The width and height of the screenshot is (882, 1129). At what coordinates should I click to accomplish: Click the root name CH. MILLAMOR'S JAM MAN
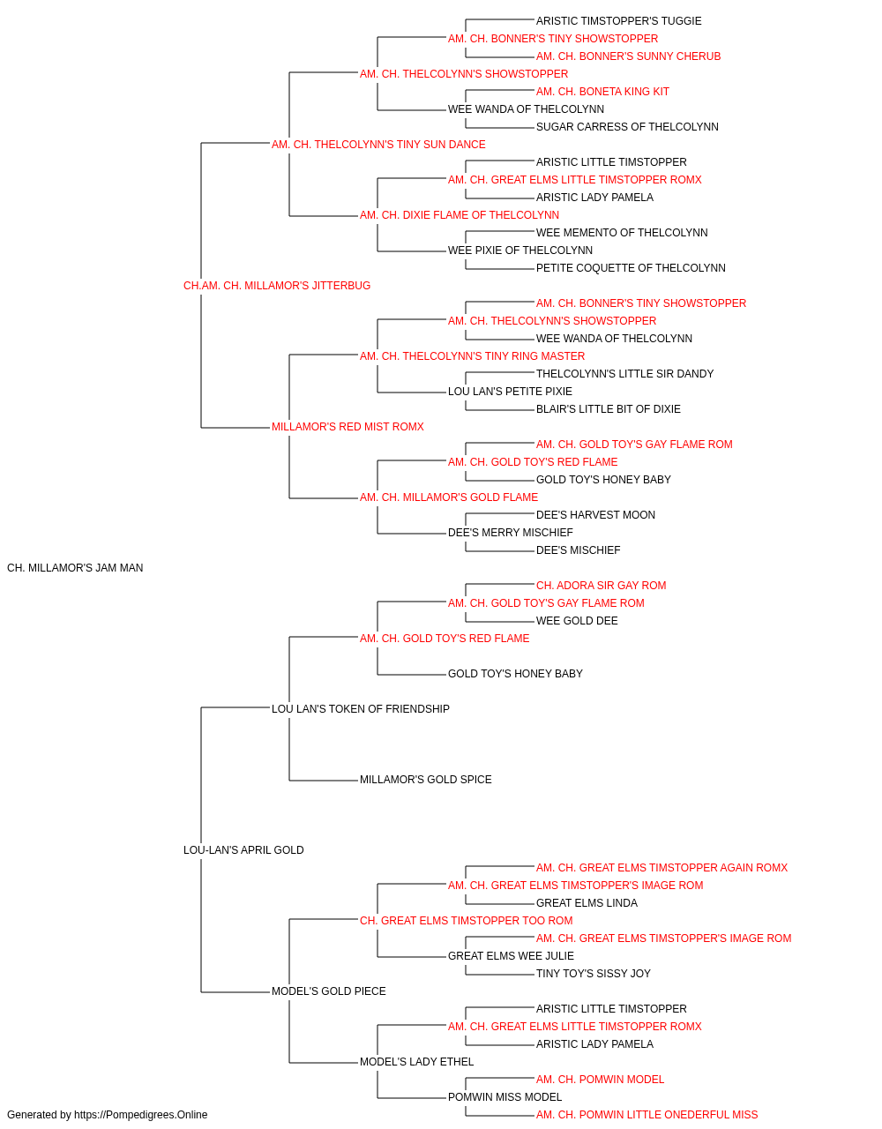75,568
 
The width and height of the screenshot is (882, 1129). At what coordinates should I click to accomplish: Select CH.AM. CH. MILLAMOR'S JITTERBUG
277,286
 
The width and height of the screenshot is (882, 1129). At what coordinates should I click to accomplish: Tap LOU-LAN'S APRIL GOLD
243,850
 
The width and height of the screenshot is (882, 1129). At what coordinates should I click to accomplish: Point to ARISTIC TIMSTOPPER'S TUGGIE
618,21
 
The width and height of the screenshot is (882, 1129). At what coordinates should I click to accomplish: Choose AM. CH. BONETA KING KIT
602,92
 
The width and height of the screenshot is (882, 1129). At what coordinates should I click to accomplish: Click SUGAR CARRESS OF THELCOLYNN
627,127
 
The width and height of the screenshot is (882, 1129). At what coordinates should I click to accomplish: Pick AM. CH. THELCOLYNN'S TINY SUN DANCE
378,145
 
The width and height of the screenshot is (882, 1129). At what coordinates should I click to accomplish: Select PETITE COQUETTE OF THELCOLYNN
631,268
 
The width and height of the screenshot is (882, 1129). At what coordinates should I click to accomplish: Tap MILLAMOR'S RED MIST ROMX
348,427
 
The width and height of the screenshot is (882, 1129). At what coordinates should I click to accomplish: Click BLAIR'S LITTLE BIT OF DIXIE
609,409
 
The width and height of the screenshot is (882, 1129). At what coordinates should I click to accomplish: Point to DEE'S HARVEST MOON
596,515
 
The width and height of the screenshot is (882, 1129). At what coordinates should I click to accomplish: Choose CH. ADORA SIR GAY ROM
601,586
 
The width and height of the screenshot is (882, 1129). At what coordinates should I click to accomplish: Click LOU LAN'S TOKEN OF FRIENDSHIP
361,708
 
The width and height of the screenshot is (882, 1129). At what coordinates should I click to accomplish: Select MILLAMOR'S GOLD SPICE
426,780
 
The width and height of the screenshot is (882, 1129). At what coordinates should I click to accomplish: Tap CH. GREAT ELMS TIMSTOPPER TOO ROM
467,921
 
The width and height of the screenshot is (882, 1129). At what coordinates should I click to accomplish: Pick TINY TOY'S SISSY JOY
594,974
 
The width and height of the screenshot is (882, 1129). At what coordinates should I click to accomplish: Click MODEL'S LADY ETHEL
416,1062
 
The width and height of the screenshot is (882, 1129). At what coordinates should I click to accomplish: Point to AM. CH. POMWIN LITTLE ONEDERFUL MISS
647,1115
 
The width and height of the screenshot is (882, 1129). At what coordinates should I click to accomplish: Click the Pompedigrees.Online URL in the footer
141,1115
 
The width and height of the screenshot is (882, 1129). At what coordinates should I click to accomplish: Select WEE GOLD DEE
577,621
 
